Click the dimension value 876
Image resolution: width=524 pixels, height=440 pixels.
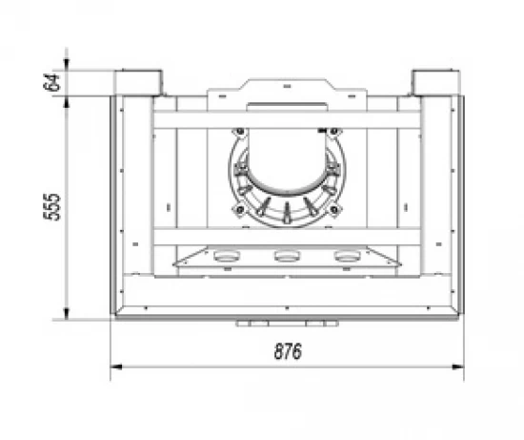coord(288,351)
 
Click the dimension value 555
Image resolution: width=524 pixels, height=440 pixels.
coord(52,207)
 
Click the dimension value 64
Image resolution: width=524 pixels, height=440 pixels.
coord(51,82)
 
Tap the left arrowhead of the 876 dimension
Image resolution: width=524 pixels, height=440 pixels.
coord(115,367)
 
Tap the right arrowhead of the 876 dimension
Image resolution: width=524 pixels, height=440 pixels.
coord(458,367)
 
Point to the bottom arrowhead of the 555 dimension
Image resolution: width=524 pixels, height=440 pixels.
coord(66,314)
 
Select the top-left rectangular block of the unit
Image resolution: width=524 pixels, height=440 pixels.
coord(138,83)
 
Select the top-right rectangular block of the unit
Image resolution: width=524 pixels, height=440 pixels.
coord(436,83)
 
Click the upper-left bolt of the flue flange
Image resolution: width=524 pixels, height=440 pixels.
coord(240,132)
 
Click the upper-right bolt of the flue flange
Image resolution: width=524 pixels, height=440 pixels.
coord(333,132)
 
